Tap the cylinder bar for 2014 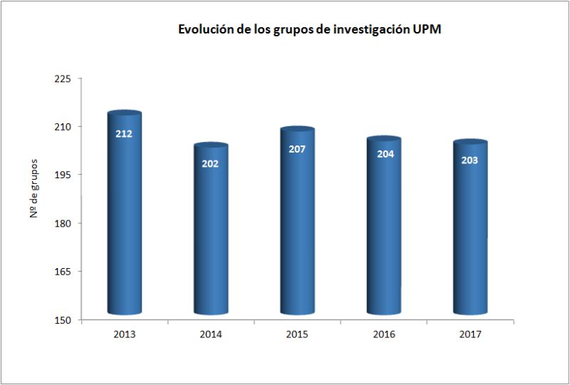coord(211,235)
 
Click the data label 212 coord(124,133)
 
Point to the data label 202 coord(210,163)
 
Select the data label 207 coord(297,149)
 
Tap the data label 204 coord(383,154)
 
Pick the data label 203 coord(470,160)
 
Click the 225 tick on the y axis coord(63,78)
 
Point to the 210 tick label coord(63,127)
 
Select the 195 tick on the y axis coord(63,175)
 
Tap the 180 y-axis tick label coord(63,223)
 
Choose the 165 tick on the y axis coord(63,272)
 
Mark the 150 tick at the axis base coord(63,319)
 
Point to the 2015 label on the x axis coord(296,334)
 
